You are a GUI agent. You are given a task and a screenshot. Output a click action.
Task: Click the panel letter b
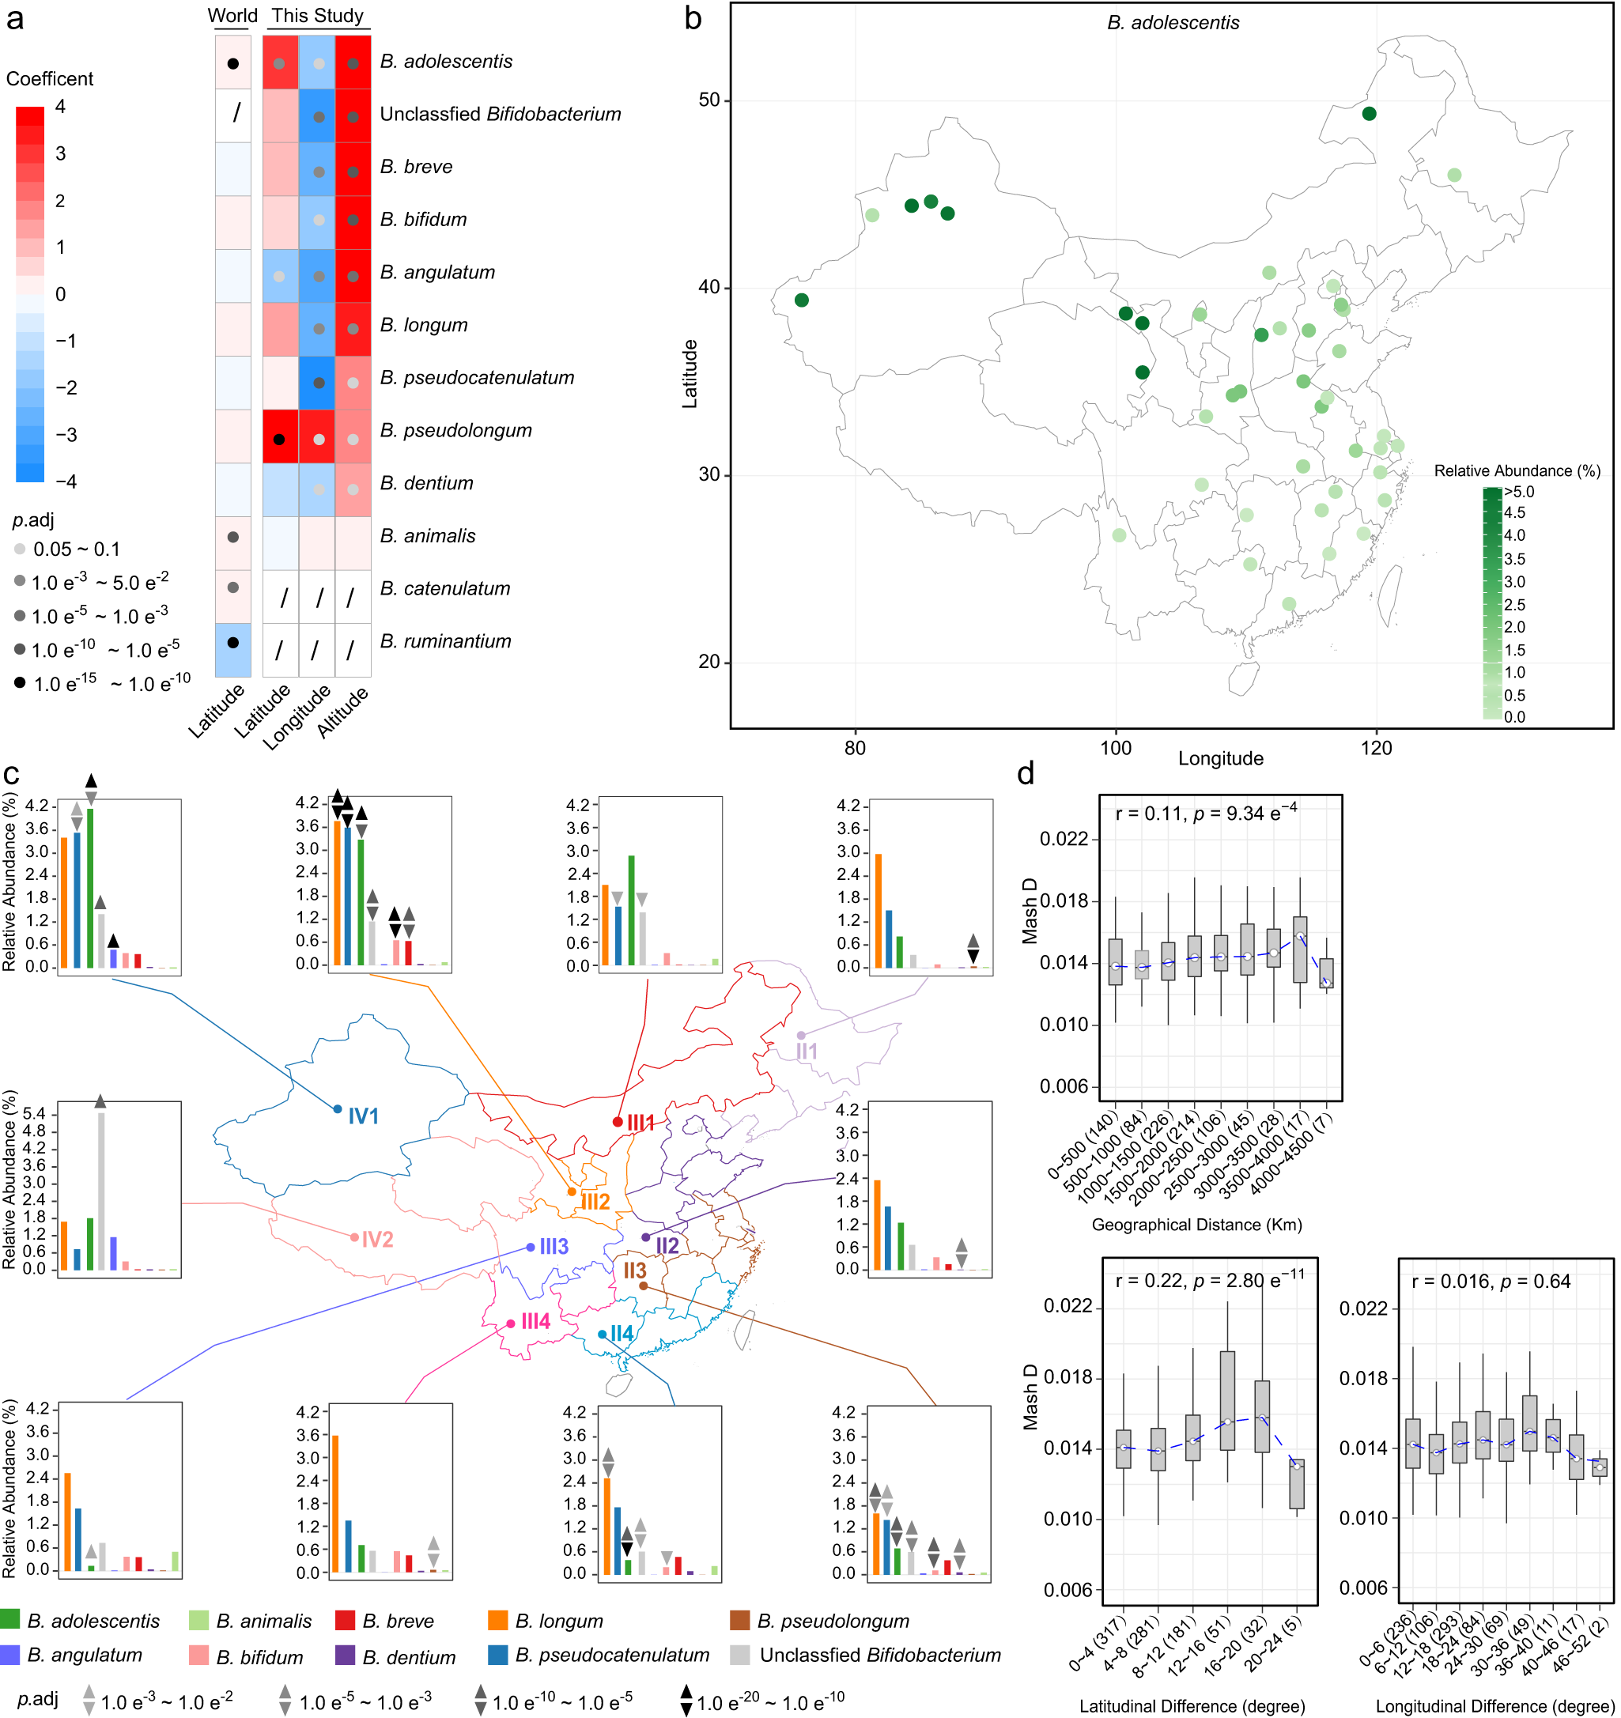(693, 19)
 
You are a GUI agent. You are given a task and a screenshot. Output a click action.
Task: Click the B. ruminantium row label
(445, 641)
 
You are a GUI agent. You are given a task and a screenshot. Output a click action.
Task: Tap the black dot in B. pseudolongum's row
(278, 439)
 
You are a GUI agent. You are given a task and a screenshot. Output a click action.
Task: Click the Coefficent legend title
(49, 78)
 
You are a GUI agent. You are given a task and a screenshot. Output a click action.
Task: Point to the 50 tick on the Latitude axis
(709, 100)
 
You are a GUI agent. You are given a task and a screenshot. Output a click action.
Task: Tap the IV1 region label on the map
(363, 1116)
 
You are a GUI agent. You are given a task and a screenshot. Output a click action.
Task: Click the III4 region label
(535, 1321)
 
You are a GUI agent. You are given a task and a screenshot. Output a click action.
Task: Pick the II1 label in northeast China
(806, 1051)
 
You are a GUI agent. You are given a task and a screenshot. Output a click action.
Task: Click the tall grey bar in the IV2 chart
(101, 1191)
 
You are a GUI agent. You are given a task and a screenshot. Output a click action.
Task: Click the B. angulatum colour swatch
(10, 1655)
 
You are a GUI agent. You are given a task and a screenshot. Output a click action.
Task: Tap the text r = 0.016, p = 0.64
(1491, 1282)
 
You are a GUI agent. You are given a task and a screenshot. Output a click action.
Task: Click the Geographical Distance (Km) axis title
(1196, 1225)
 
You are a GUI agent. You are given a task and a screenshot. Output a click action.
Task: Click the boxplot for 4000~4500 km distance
(1325, 973)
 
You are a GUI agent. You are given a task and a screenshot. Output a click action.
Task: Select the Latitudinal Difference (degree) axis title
(1192, 1706)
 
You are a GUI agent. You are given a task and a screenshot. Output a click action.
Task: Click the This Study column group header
(317, 16)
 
